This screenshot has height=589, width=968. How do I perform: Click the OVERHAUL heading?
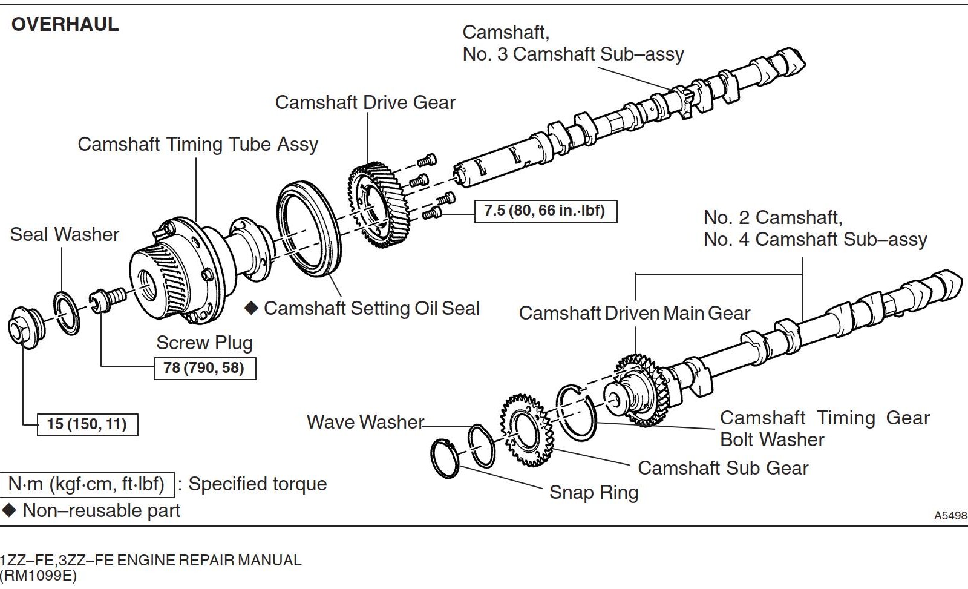[x=65, y=24]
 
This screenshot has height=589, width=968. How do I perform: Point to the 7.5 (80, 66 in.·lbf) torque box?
[x=545, y=211]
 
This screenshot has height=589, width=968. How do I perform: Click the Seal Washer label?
[x=65, y=234]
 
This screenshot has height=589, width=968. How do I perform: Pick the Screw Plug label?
[x=204, y=343]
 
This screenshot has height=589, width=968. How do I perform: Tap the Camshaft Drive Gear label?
[x=365, y=102]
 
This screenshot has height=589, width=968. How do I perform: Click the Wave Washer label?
[x=365, y=421]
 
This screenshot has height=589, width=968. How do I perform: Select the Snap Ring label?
[x=594, y=492]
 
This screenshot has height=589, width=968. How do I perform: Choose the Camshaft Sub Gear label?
[x=723, y=468]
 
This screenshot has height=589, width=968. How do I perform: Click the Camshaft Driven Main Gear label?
[x=634, y=313]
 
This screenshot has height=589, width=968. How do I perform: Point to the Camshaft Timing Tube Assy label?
[x=198, y=144]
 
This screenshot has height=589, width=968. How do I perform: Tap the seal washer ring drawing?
[x=67, y=313]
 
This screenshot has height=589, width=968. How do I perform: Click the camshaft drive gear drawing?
[x=379, y=205]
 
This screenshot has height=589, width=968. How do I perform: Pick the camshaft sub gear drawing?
[x=525, y=429]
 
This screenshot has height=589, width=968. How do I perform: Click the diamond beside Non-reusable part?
[x=9, y=510]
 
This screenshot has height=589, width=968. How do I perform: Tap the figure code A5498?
[x=950, y=516]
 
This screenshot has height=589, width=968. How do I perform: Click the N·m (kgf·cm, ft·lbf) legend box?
[x=87, y=484]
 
